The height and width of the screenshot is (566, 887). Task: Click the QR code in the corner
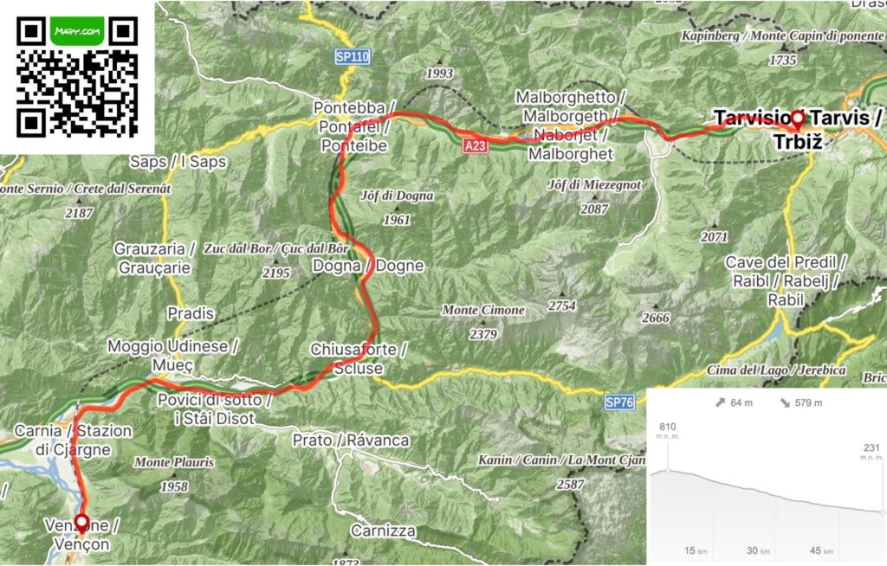[78, 78]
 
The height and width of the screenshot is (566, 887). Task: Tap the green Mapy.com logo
[78, 30]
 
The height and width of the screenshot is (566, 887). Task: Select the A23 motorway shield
[475, 147]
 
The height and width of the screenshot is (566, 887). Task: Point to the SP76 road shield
[620, 402]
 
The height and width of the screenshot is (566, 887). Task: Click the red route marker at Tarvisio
[796, 119]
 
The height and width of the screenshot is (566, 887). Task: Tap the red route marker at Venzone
[81, 523]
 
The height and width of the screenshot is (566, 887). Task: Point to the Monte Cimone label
[483, 310]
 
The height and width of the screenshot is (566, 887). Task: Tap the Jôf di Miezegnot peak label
[594, 184]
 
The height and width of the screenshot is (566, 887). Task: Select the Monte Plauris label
[173, 462]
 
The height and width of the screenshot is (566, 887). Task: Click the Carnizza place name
[383, 531]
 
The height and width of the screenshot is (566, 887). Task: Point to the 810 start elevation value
[667, 427]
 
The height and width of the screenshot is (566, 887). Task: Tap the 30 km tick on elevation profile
[760, 550]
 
